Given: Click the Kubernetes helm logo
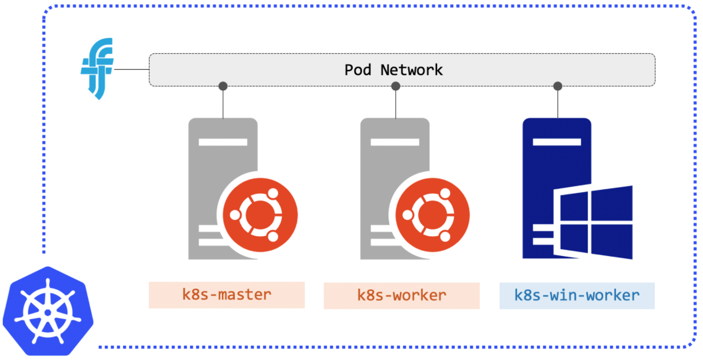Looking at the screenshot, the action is click(x=48, y=312).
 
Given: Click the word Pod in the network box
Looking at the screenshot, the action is click(x=358, y=70).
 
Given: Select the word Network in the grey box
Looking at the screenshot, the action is click(x=412, y=70).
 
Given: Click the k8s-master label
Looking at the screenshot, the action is click(x=227, y=295).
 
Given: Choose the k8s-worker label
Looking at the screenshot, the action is click(x=402, y=296).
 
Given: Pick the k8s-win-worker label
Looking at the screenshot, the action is click(x=577, y=296).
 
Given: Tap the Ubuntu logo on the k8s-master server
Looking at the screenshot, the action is click(x=260, y=215).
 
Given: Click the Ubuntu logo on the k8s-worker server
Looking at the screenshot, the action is click(x=432, y=215).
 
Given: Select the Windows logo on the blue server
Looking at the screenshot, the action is click(x=593, y=222).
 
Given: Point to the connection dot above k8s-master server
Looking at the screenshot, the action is click(x=223, y=86).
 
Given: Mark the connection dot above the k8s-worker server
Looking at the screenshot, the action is click(x=396, y=86).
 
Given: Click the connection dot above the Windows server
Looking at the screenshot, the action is click(x=558, y=86).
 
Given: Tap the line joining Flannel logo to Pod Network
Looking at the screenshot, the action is click(x=131, y=69).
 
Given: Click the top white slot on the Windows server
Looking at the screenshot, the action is click(x=557, y=142).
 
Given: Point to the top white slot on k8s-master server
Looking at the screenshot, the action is click(x=223, y=142).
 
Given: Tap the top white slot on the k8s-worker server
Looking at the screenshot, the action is click(x=395, y=142).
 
